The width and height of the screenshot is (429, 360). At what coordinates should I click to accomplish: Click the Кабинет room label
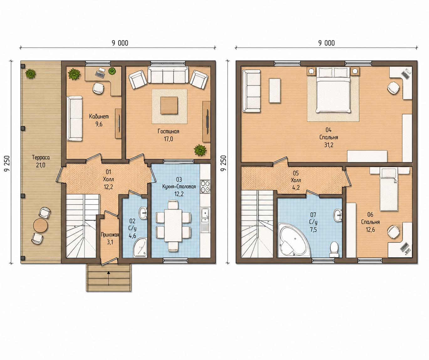click(99, 117)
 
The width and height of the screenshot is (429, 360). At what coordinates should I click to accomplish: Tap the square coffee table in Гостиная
click(169, 105)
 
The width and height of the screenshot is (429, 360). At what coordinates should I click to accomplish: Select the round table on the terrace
click(40, 226)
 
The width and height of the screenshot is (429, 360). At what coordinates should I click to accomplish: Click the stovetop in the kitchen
click(205, 186)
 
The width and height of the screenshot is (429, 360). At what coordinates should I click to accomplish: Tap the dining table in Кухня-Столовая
click(173, 225)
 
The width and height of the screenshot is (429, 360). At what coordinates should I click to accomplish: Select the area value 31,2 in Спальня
click(328, 145)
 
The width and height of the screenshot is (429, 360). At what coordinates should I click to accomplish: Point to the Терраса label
click(41, 158)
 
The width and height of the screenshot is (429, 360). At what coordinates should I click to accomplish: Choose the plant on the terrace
click(30, 74)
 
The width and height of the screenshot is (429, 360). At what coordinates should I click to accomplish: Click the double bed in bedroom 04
click(333, 90)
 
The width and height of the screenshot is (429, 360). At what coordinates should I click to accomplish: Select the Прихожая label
click(110, 235)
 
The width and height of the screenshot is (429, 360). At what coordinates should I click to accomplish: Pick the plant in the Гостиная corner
click(200, 150)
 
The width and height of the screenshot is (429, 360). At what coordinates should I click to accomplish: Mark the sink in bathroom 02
click(143, 213)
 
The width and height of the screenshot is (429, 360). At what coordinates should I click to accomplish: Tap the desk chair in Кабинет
click(98, 88)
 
